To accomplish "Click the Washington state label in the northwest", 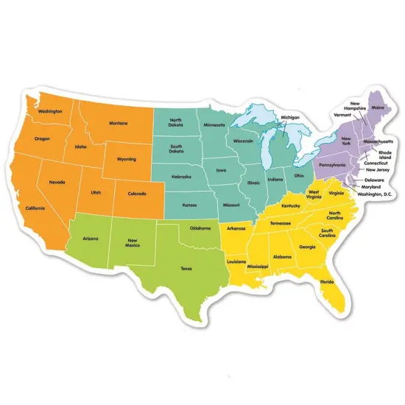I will [49, 111].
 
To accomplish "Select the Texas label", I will [186, 268].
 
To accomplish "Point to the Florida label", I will [326, 282].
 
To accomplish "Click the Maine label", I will [378, 108].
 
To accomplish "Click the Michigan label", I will [290, 118].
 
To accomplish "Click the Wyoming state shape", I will [129, 158].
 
